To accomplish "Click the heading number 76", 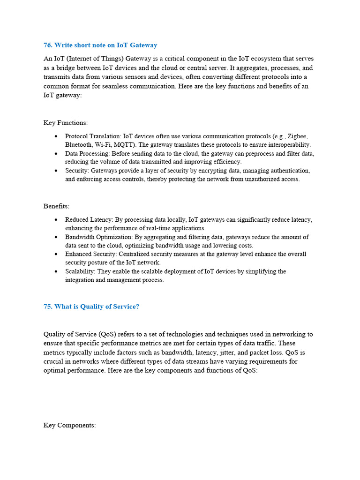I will (x=47, y=45).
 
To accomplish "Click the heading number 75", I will (x=47, y=307).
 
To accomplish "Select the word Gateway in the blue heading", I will (x=142, y=45).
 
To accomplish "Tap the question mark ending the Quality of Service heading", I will (x=137, y=307).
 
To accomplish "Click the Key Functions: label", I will (x=66, y=123).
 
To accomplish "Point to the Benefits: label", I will (x=56, y=206).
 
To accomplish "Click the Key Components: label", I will (x=69, y=426).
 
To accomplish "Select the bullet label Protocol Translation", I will (x=90, y=136).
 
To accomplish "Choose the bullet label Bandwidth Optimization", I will (x=98, y=237).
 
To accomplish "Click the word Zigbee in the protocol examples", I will (x=296, y=136).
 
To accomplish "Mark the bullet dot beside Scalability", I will (x=56, y=271).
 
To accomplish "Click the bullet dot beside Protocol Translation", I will (x=56, y=136).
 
